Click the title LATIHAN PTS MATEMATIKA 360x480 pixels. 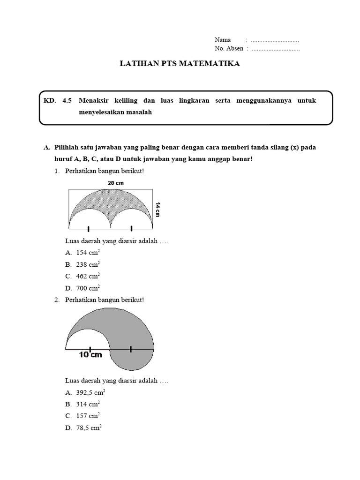[x=180, y=64]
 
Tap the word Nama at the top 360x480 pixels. [x=223, y=40]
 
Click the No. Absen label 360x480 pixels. [x=229, y=49]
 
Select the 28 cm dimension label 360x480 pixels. [x=116, y=183]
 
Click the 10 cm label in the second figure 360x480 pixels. [x=90, y=355]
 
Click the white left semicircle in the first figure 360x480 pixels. [x=90, y=220]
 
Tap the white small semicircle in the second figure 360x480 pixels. [x=88, y=340]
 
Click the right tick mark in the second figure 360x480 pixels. [x=131, y=349]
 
